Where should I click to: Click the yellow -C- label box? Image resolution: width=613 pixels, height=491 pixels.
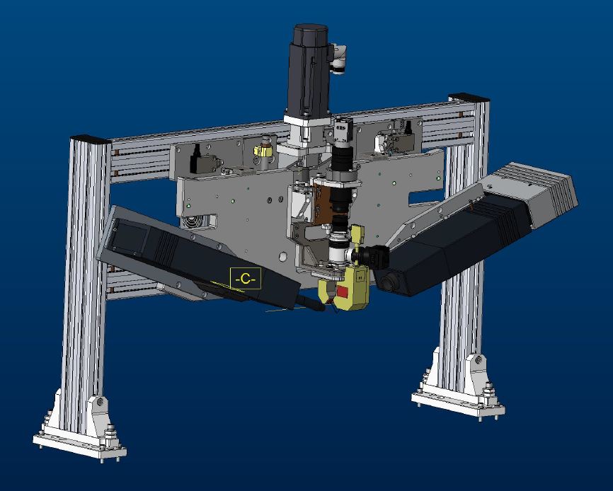pyautogui.click(x=245, y=279)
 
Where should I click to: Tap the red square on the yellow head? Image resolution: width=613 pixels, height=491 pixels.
pyautogui.click(x=343, y=291)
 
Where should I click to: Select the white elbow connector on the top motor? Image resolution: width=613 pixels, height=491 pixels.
pyautogui.click(x=338, y=59)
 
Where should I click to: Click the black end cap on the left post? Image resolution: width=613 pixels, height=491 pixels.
pyautogui.click(x=91, y=139)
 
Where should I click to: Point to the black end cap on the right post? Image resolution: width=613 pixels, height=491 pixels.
pyautogui.click(x=469, y=97)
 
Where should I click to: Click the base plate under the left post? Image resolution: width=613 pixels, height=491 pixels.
pyautogui.click(x=79, y=446)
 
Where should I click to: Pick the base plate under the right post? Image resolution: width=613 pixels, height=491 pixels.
pyautogui.click(x=458, y=404)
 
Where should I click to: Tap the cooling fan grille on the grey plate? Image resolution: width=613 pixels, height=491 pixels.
pyautogui.click(x=193, y=221)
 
